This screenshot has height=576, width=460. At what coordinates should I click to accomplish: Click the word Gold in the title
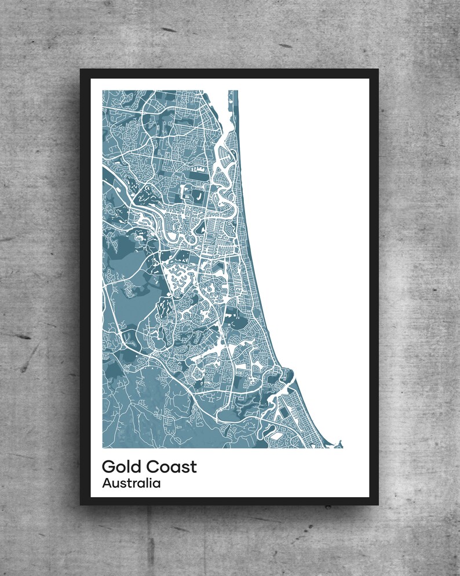click(x=121, y=466)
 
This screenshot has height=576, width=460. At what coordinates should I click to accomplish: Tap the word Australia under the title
click(x=131, y=483)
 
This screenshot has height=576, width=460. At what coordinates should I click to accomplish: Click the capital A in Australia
click(x=107, y=483)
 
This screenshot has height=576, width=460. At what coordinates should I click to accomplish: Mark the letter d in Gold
click(x=135, y=466)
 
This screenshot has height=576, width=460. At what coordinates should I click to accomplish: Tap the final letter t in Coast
click(x=194, y=466)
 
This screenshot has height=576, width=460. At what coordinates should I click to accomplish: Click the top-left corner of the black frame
click(x=81, y=70)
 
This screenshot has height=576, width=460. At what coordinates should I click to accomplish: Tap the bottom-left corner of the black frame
click(x=81, y=505)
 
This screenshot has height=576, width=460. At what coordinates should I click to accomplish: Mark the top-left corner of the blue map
click(x=103, y=90)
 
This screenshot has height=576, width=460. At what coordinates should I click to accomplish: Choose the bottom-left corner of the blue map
click(x=103, y=448)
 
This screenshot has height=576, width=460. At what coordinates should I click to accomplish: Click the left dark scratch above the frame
click(x=169, y=30)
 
